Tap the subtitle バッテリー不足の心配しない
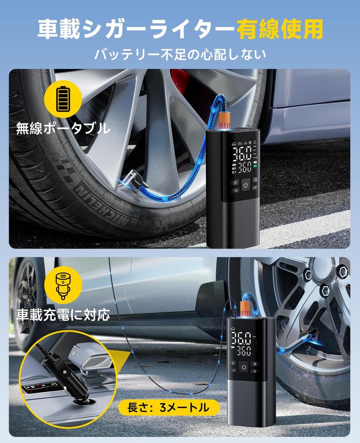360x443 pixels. click(x=180, y=54)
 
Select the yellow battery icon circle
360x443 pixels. click(x=63, y=99)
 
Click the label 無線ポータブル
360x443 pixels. click(x=63, y=128)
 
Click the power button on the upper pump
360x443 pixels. click(x=245, y=185)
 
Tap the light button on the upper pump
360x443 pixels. click(x=235, y=182)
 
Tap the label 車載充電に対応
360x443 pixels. click(x=63, y=315)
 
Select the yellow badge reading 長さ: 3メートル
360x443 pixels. click(x=168, y=407)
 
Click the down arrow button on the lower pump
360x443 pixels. click(x=255, y=371)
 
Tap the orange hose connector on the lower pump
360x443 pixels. click(x=245, y=309)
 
